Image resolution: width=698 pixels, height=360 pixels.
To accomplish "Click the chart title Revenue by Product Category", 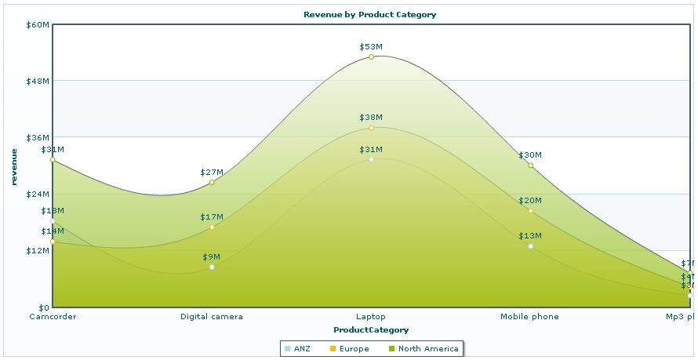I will (x=369, y=14).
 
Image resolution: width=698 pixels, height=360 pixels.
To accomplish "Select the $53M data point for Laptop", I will (x=371, y=56).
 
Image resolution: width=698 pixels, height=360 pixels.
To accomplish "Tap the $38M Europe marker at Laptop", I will (x=371, y=127).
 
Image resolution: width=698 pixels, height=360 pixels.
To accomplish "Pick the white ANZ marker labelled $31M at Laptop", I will (x=371, y=159).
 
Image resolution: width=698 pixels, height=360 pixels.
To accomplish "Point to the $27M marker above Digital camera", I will (x=212, y=182).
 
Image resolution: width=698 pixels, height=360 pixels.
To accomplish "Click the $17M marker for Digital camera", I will (x=212, y=227).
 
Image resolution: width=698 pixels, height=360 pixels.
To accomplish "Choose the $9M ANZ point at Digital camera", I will (x=212, y=267).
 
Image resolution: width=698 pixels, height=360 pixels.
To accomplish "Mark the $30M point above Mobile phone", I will (x=531, y=165).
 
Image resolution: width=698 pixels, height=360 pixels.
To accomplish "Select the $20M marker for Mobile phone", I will (x=531, y=210).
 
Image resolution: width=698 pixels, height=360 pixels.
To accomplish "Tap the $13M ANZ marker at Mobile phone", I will (x=531, y=246).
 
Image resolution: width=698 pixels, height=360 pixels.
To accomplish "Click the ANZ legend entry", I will (x=297, y=348).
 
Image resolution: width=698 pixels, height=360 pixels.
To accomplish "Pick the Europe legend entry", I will (x=349, y=348).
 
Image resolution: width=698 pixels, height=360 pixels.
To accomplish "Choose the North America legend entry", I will (x=424, y=348).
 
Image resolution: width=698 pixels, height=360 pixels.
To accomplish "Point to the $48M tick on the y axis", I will (x=38, y=81).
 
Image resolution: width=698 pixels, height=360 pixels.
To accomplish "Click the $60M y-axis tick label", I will (x=38, y=24).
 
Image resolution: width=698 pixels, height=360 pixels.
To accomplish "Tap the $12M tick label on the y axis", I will (x=38, y=250).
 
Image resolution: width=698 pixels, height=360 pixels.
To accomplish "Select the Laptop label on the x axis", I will (x=371, y=317).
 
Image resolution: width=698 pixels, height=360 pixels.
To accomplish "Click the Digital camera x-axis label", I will (x=212, y=317).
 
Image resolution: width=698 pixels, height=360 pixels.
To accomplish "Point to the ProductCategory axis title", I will (x=371, y=329).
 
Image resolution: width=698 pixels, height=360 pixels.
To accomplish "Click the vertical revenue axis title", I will (x=14, y=166).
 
